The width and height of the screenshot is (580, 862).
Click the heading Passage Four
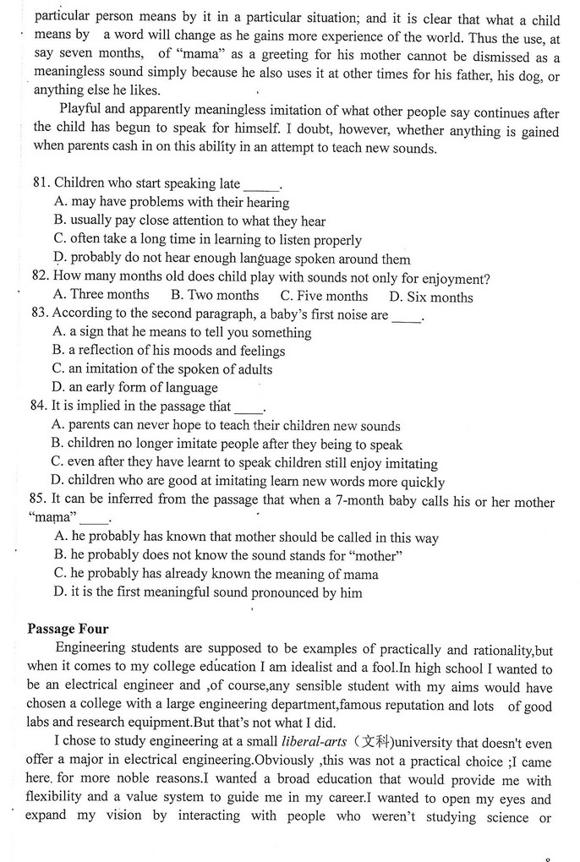click(68, 629)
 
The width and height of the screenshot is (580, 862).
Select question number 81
click(41, 183)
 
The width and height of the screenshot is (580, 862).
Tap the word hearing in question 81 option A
click(268, 203)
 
